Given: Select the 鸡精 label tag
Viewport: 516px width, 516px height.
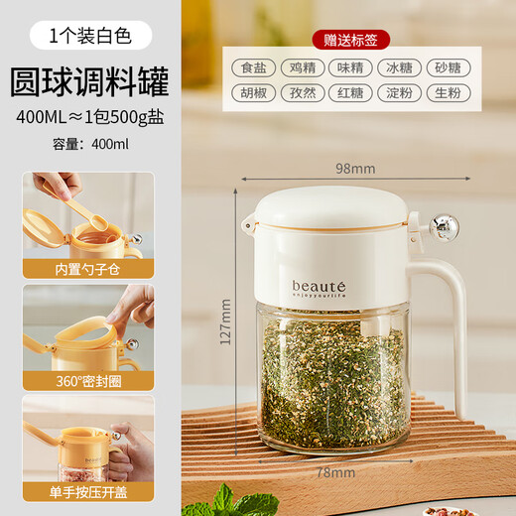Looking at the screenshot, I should tap(303, 68).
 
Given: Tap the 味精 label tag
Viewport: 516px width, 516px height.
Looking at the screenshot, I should tap(350, 68).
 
